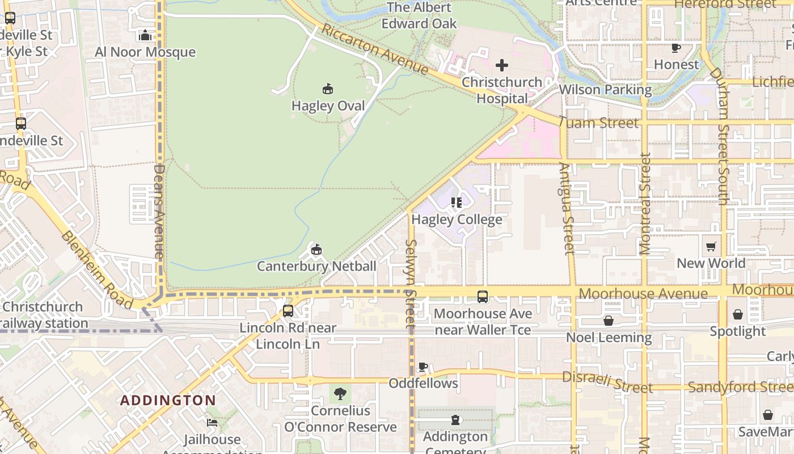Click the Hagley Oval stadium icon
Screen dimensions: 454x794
(328, 89)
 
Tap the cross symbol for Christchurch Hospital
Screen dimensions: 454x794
(501, 65)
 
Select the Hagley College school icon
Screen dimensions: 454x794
(457, 203)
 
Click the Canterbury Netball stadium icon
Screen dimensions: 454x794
(316, 249)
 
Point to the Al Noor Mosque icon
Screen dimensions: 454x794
(145, 36)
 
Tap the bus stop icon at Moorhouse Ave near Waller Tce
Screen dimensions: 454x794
(483, 297)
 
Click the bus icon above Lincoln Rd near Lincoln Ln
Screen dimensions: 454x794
(288, 311)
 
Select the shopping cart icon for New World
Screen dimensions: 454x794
(711, 246)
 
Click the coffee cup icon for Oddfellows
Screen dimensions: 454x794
(423, 367)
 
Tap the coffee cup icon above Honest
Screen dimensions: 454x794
(675, 48)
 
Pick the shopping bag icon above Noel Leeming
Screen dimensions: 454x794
(609, 321)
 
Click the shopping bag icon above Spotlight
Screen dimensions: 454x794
(738, 314)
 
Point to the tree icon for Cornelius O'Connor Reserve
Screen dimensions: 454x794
(340, 393)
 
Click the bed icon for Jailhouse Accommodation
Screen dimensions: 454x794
(212, 423)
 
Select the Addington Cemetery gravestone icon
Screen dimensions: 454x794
(455, 420)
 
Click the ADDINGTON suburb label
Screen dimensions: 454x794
(168, 400)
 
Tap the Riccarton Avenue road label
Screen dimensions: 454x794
(375, 49)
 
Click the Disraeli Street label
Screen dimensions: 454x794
(607, 382)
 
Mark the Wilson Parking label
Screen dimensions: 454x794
(605, 90)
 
